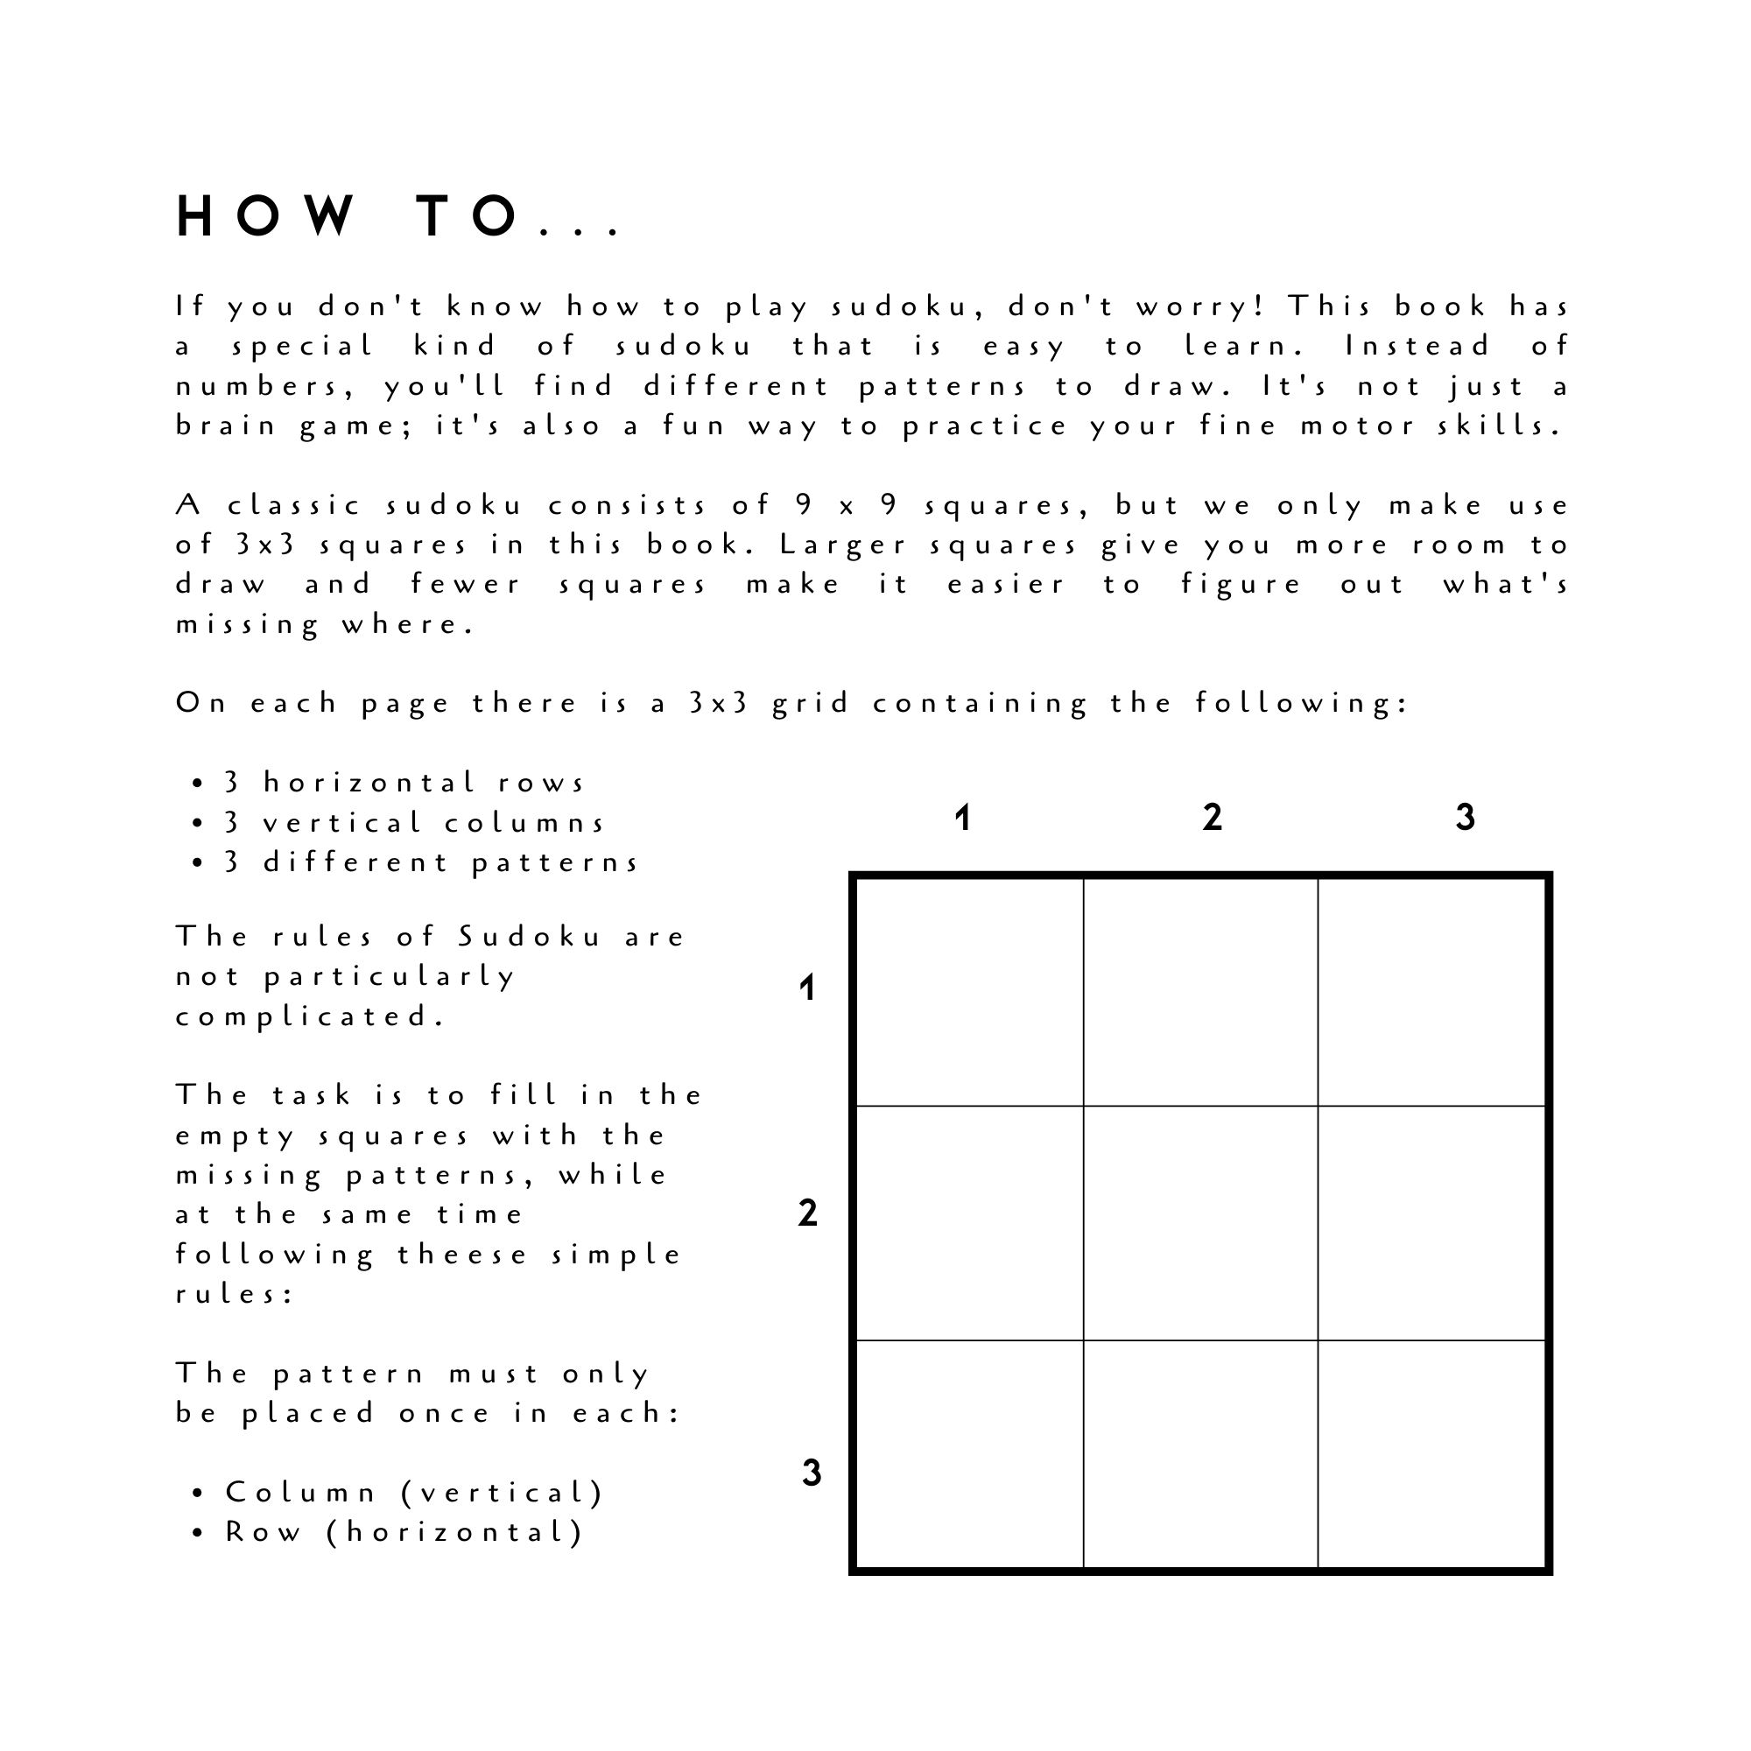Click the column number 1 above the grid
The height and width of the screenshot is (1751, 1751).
click(x=962, y=819)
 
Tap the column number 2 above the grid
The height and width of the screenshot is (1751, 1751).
click(x=1212, y=819)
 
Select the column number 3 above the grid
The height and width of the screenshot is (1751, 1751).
click(x=1465, y=819)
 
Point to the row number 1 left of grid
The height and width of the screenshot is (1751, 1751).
click(x=806, y=988)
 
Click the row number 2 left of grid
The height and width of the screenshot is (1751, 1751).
click(x=806, y=1213)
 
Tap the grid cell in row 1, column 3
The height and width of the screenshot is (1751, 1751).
click(x=1431, y=993)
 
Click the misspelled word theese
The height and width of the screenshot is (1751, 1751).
click(x=462, y=1255)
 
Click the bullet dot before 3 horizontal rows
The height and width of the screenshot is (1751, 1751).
click(x=198, y=783)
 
